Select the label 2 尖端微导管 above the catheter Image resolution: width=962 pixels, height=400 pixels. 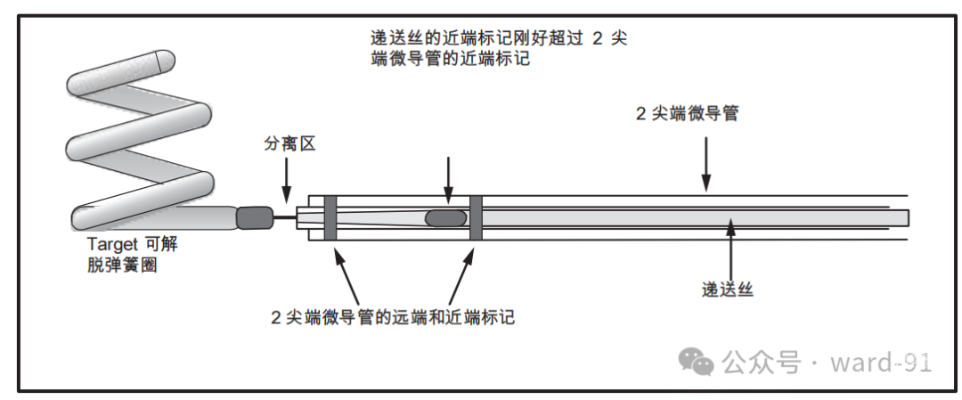687,114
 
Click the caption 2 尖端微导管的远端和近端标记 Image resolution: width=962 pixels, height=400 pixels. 393,315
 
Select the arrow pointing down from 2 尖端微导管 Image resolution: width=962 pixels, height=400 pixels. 706,160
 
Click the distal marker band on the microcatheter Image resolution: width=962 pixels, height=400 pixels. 330,217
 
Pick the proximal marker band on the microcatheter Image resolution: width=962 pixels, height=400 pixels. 475,217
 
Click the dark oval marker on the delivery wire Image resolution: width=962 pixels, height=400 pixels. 445,217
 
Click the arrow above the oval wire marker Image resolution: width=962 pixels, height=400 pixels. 448,178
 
